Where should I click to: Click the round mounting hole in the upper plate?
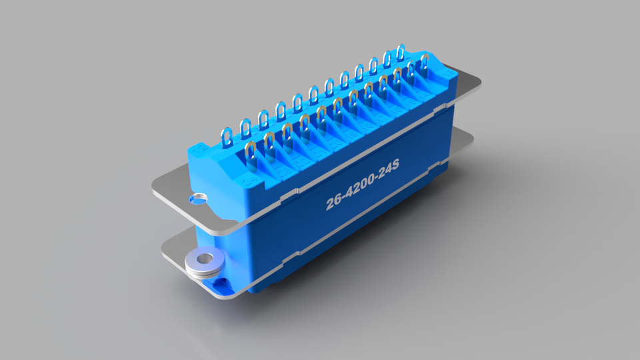point(198,198)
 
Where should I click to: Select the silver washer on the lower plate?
point(203,261)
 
